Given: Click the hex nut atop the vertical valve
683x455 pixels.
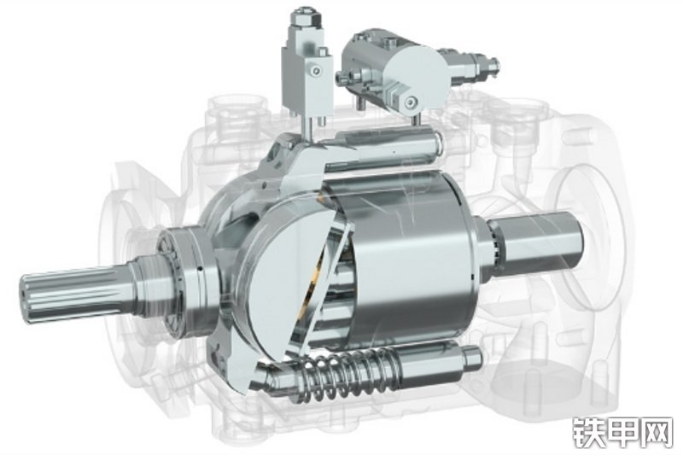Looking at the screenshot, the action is (303, 18).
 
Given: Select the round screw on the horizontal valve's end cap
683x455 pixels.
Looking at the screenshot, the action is (411, 102).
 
